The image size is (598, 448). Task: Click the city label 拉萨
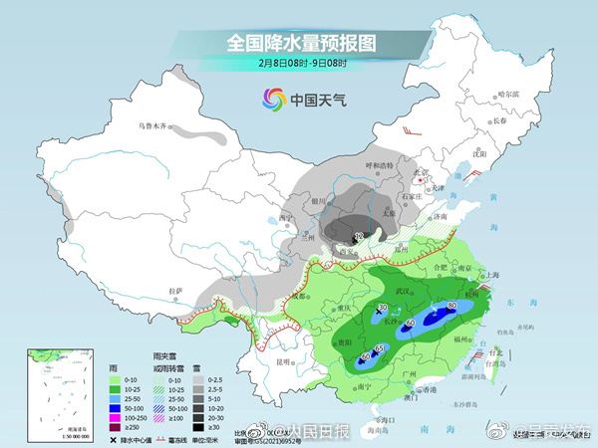point(175,290)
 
